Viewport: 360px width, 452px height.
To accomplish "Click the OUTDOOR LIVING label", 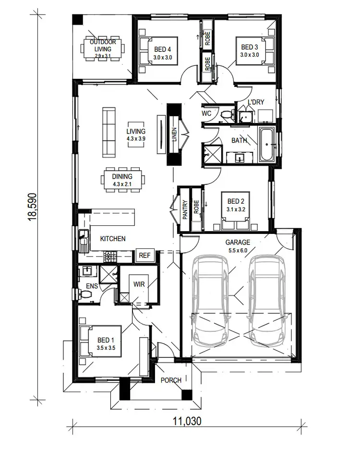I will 103,46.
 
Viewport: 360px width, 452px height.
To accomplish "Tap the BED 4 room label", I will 163,49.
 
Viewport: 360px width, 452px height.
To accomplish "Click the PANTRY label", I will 185,210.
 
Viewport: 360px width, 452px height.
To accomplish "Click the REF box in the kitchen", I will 144,256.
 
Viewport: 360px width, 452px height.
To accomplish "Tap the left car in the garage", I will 210,300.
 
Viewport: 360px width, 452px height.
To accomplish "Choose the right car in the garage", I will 266,300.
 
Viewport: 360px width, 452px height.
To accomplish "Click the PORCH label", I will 171,380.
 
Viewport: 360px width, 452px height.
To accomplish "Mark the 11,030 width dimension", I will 185,421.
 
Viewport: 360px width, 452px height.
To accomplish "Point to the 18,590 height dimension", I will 33,207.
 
